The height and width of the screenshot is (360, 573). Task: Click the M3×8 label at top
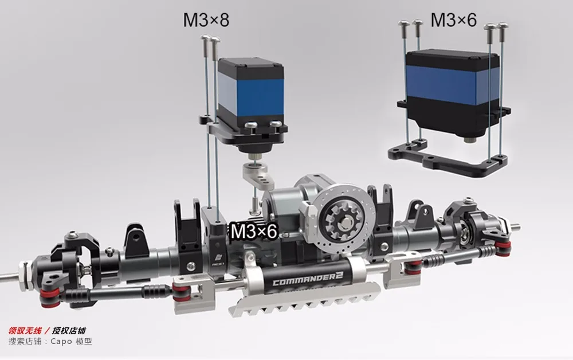(206, 20)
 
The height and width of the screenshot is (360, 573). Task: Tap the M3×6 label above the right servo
(453, 19)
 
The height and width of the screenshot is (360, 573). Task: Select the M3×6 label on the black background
(254, 231)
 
